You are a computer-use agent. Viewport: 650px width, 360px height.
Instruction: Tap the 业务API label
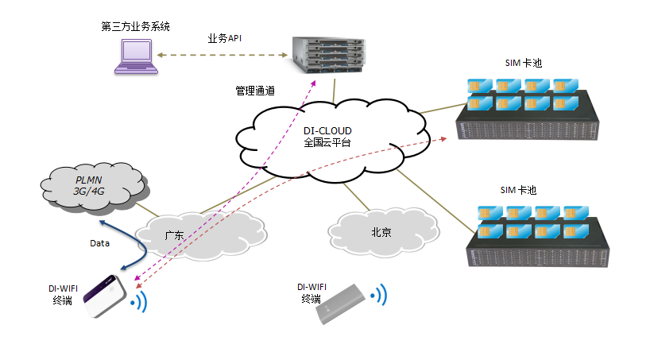tap(225, 38)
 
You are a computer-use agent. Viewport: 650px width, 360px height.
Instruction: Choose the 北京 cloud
tap(382, 231)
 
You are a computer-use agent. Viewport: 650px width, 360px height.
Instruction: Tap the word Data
tap(99, 243)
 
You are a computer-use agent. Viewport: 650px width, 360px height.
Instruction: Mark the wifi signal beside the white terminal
tap(140, 301)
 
